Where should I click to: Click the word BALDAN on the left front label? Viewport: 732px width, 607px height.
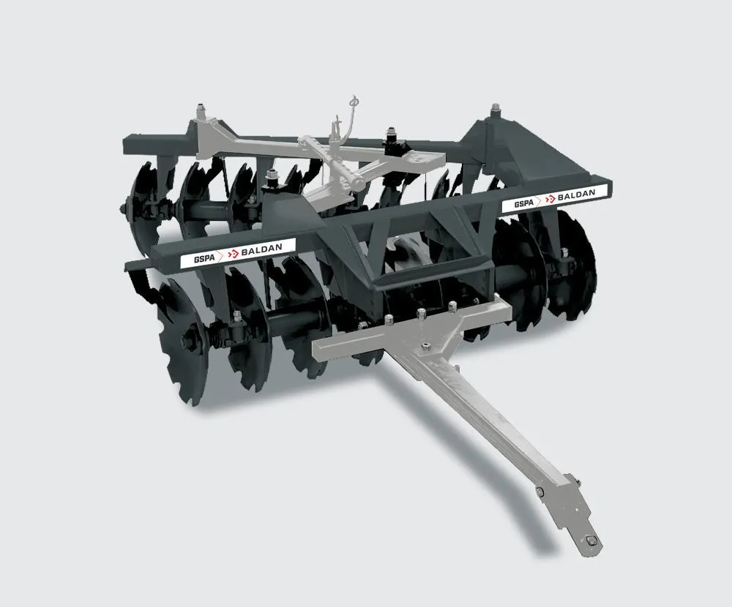261,249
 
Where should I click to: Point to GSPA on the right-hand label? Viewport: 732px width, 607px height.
524,203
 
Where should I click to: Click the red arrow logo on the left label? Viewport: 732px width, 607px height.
233,255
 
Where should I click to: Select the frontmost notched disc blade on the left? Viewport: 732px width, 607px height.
183,341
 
